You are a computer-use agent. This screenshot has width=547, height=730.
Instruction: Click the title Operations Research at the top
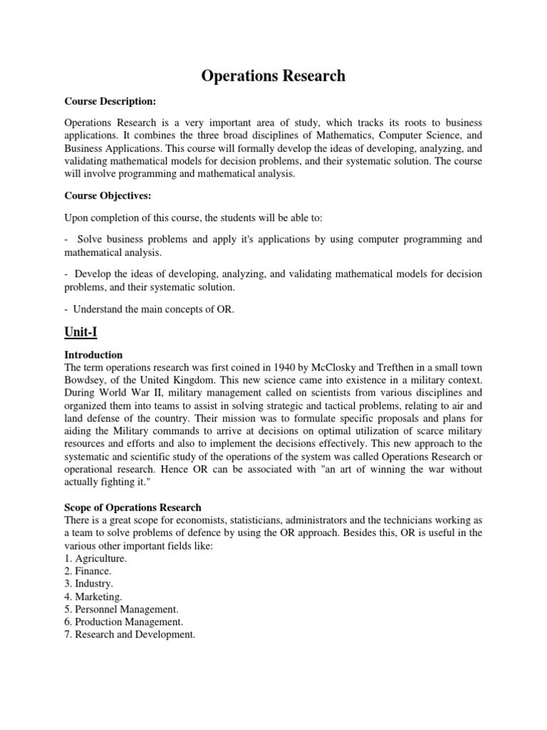tap(273, 76)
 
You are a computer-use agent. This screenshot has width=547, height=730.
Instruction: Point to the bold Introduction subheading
tap(93, 354)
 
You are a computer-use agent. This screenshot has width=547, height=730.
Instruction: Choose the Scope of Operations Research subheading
tap(132, 508)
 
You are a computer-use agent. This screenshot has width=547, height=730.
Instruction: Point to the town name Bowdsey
tap(89, 380)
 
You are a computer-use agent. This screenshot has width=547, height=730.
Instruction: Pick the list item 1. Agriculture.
tap(95, 558)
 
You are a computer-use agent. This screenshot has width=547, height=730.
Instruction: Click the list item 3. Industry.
tap(89, 584)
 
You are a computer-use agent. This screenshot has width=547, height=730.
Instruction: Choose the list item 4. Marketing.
tap(93, 596)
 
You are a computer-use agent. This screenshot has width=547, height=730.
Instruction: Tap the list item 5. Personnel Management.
tap(120, 609)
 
